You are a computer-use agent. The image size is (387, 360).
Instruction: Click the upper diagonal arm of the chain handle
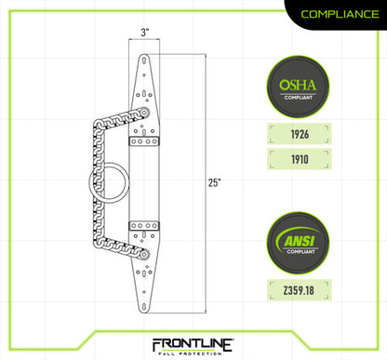[116, 113]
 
